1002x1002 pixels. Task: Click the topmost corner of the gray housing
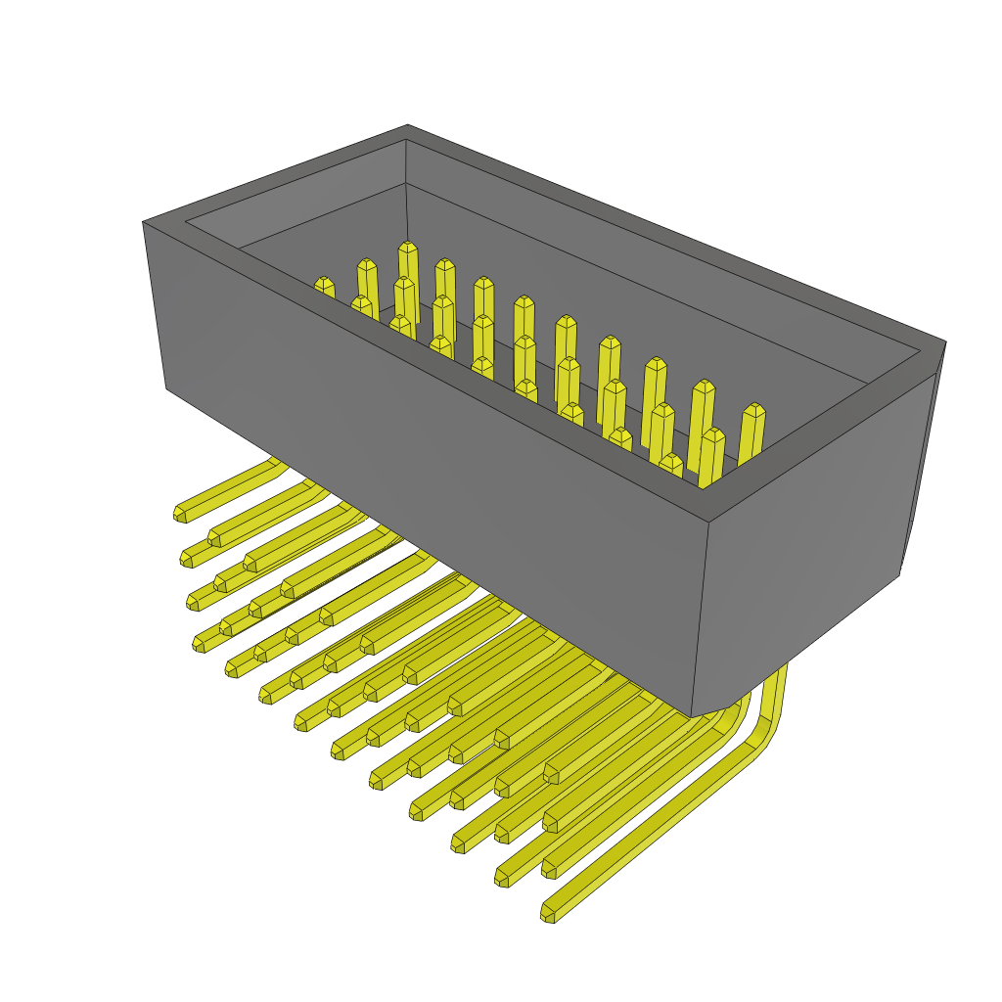coord(407,126)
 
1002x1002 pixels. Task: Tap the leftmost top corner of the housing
coord(145,222)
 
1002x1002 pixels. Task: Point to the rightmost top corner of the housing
coord(944,342)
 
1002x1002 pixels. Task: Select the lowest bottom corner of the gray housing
coord(692,716)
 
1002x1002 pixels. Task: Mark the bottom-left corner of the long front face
coord(167,388)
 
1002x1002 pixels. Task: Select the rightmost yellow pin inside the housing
coord(752,435)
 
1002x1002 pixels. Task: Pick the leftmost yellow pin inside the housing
coord(325,287)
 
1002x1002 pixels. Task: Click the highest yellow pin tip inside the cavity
coord(408,248)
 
